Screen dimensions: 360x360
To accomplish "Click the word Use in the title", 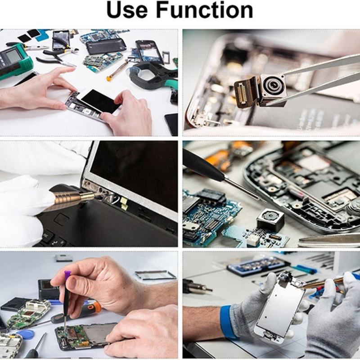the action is tap(127, 10).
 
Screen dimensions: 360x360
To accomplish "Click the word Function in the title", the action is tap(204, 10).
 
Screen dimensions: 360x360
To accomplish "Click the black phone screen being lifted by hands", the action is tap(100, 101).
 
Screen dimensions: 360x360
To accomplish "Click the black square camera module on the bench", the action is tap(270, 220).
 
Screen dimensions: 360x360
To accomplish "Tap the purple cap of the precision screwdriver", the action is tap(67, 275).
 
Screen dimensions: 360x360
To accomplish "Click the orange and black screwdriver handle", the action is tap(76, 313).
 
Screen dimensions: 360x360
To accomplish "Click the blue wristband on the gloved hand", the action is tap(227, 321).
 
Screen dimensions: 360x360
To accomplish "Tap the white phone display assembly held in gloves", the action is tap(279, 307).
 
